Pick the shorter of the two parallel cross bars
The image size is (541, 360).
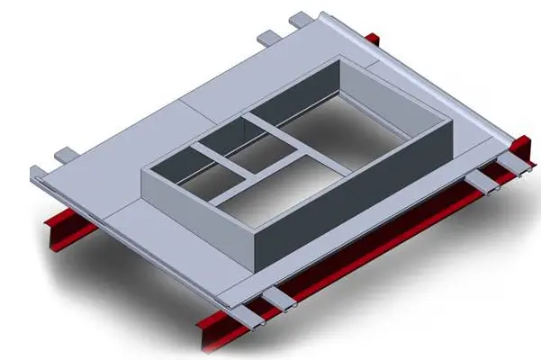(211, 163)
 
